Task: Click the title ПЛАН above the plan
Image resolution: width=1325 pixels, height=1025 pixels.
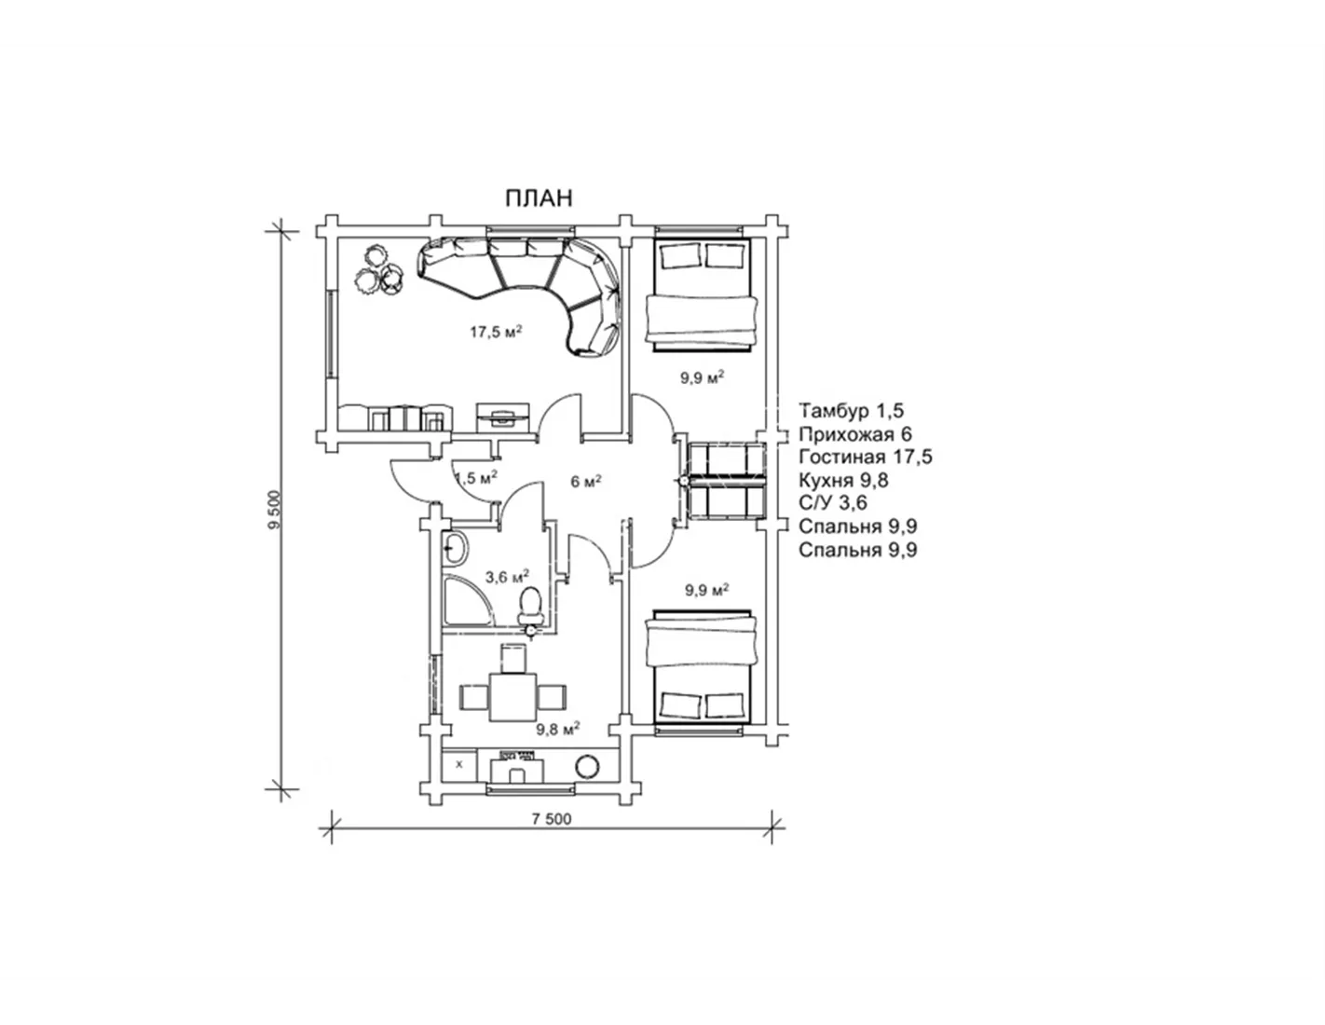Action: coord(539,198)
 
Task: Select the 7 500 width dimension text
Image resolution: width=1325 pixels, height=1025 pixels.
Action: coord(552,819)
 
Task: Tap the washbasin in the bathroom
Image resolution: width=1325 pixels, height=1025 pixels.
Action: coord(455,548)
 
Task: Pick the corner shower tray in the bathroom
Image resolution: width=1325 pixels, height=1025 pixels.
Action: coord(467,600)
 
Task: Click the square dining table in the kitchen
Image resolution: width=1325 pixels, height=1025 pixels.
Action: coord(512,696)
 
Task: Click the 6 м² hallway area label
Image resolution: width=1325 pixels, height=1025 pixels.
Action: coord(586,482)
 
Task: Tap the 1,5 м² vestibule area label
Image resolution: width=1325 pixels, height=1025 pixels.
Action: coord(476,477)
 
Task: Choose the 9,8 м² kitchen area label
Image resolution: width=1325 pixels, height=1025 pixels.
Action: coord(557,730)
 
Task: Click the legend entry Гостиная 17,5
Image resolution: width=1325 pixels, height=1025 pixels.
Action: coord(866,458)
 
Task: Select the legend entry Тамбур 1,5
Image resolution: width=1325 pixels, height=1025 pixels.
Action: coord(852,411)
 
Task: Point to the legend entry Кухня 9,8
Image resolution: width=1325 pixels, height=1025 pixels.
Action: coord(843,481)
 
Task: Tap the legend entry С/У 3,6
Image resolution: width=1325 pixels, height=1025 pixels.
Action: coord(833,503)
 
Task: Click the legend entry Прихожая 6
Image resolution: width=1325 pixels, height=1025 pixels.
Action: coord(855,434)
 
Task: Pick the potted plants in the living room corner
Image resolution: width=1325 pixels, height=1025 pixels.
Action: coord(379,270)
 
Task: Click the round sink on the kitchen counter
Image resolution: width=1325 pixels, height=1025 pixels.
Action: coord(587,767)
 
